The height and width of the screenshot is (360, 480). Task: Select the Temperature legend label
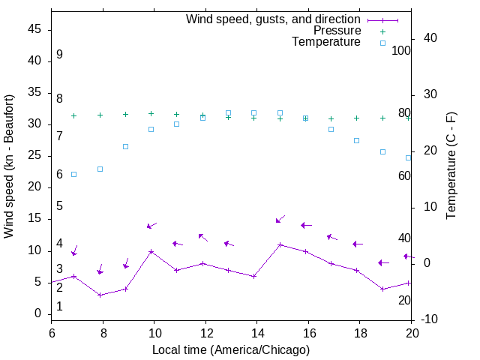(326, 42)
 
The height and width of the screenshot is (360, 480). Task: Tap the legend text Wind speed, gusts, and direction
(273, 19)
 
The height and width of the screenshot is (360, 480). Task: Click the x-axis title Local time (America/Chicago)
(231, 349)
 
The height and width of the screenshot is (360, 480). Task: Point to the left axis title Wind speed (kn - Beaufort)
(9, 166)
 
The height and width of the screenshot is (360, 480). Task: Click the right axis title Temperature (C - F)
(451, 166)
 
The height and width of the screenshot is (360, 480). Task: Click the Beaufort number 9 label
(59, 55)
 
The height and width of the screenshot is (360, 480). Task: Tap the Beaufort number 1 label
(59, 307)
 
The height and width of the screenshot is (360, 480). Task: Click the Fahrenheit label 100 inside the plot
(401, 50)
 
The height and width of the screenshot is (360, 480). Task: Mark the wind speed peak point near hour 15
(280, 244)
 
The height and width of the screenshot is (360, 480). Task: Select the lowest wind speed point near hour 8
(100, 295)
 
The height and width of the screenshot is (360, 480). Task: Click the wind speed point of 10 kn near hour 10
(151, 251)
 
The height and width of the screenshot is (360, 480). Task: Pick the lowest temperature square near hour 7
(73, 174)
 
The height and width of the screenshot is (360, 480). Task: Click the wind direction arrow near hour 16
(306, 225)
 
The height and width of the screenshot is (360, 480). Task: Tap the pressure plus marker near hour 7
(73, 115)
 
